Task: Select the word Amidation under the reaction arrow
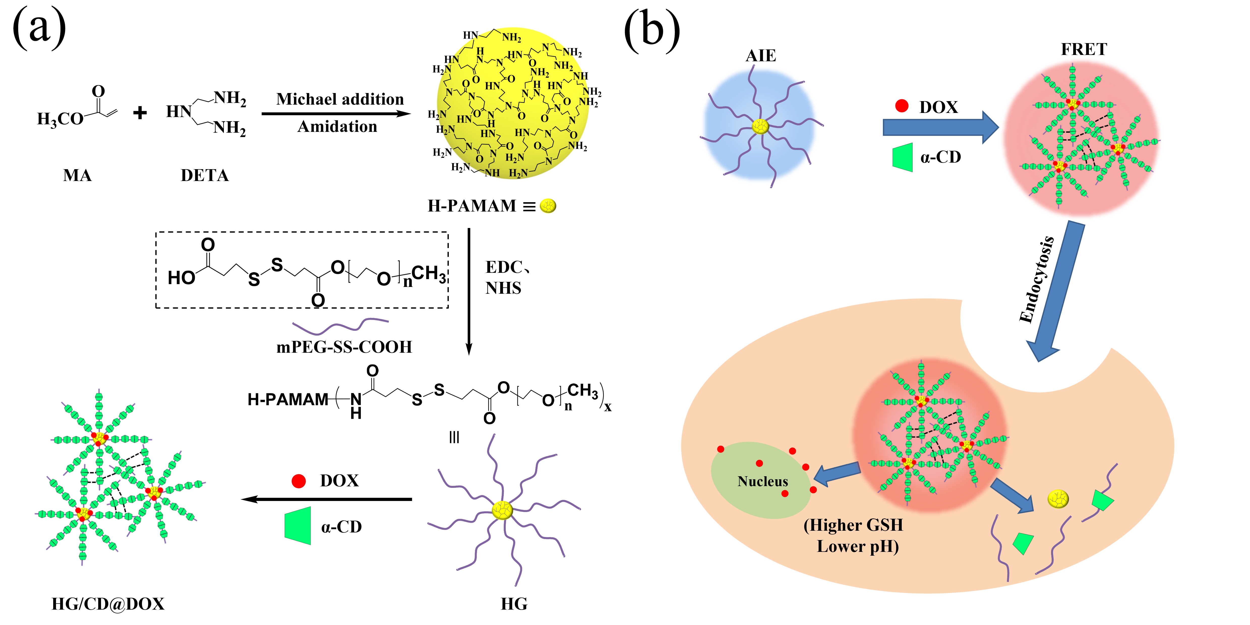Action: pos(337,127)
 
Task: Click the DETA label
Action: pos(204,175)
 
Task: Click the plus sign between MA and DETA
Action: pos(140,113)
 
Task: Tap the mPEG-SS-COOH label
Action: pos(344,347)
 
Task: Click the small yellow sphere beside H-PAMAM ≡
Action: pos(548,206)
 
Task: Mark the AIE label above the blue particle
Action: pos(760,56)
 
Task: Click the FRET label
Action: pos(1084,49)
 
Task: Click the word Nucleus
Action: pos(762,481)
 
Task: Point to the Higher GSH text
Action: pos(853,525)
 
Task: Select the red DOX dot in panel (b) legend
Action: pos(902,106)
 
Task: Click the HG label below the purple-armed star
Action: pos(514,604)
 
